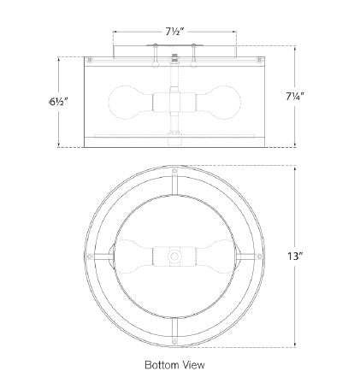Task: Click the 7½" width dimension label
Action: point(175,32)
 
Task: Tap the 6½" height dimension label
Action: point(58,102)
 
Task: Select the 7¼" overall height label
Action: point(295,97)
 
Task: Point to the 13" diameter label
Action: point(295,256)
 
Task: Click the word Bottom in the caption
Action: point(161,365)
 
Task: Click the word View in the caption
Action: point(192,365)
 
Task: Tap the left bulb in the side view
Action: point(130,103)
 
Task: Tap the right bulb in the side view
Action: point(218,103)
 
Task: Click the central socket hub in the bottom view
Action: point(174,256)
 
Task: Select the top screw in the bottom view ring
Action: point(174,172)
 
